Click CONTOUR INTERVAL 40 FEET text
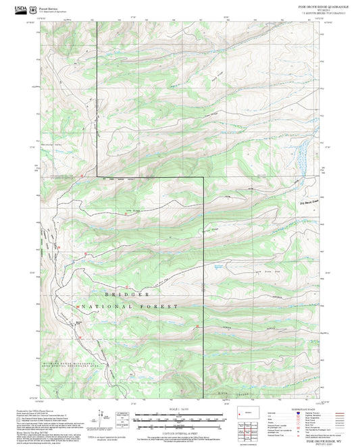179,430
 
